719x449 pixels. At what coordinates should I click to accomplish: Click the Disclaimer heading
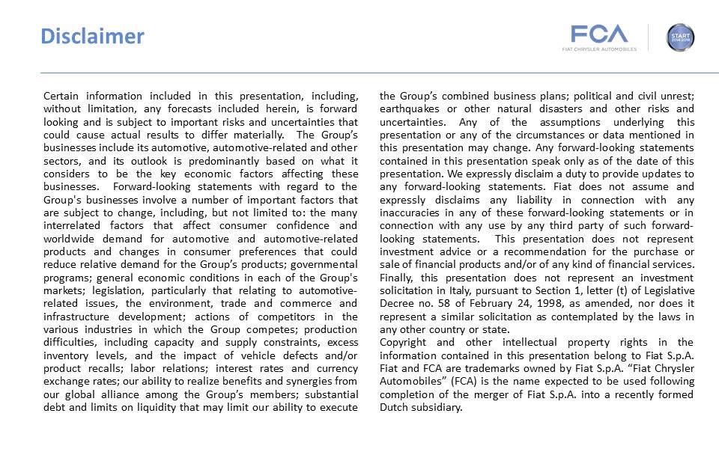pyautogui.click(x=92, y=36)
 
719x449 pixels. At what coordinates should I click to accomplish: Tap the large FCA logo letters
pyautogui.click(x=599, y=34)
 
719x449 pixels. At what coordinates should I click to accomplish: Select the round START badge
pyautogui.click(x=680, y=37)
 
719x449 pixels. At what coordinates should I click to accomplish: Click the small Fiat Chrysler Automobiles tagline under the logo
pyautogui.click(x=599, y=49)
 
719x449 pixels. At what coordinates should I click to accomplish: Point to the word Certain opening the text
pyautogui.click(x=62, y=96)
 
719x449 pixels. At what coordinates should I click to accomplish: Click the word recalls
pyautogui.click(x=104, y=368)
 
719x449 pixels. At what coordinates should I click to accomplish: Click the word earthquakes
pyautogui.click(x=410, y=109)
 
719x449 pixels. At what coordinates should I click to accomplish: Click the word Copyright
pyautogui.click(x=405, y=342)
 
